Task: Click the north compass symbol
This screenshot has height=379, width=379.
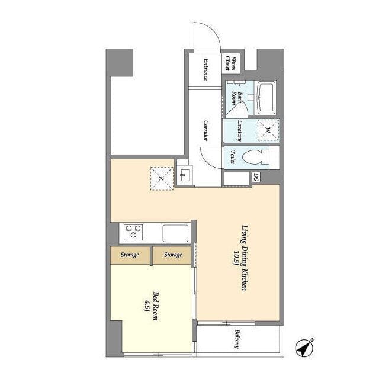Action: coord(304,348)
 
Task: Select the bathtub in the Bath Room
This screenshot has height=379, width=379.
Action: coord(266,98)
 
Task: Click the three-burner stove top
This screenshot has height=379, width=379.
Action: coord(133,232)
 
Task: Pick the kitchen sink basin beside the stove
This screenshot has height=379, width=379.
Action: coord(175,233)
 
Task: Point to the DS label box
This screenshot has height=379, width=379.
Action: coord(256,177)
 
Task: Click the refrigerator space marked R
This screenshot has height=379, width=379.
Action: coord(162,179)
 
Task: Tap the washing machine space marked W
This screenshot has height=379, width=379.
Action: coord(268,130)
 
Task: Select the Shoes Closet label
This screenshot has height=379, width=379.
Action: coord(230,63)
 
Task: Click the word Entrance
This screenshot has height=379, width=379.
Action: coord(205,69)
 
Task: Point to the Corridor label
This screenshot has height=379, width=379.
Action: coord(205,130)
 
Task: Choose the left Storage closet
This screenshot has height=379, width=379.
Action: coord(130,255)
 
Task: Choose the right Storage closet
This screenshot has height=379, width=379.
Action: coord(172,255)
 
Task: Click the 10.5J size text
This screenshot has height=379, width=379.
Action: coord(236,258)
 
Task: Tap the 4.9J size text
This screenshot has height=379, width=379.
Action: coord(146,306)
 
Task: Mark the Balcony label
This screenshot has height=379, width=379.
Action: coord(237,339)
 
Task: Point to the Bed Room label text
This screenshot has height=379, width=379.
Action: coord(155,306)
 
